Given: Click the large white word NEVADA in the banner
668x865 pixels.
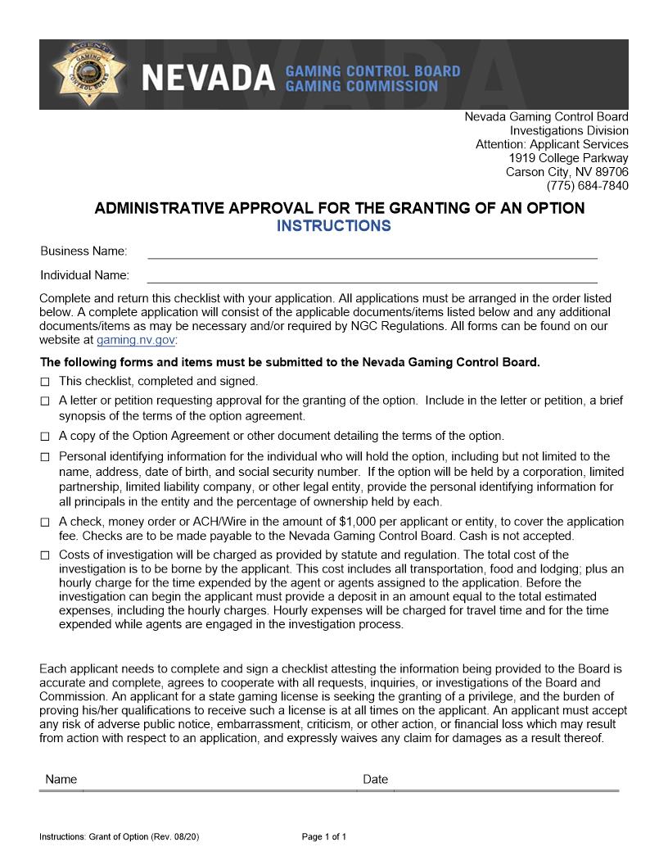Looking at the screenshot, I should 209,79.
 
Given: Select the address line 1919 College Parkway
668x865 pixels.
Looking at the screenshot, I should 568,158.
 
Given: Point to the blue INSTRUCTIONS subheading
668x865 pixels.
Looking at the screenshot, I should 333,226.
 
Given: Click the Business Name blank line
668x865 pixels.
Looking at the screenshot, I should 372,252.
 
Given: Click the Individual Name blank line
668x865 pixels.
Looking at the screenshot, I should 372,276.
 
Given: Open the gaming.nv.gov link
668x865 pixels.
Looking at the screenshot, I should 135,340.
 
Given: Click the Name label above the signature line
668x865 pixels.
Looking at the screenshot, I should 61,780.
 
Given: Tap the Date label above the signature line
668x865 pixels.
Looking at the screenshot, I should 376,780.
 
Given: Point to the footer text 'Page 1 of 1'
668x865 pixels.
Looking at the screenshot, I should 324,837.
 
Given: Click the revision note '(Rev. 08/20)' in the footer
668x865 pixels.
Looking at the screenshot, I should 175,837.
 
